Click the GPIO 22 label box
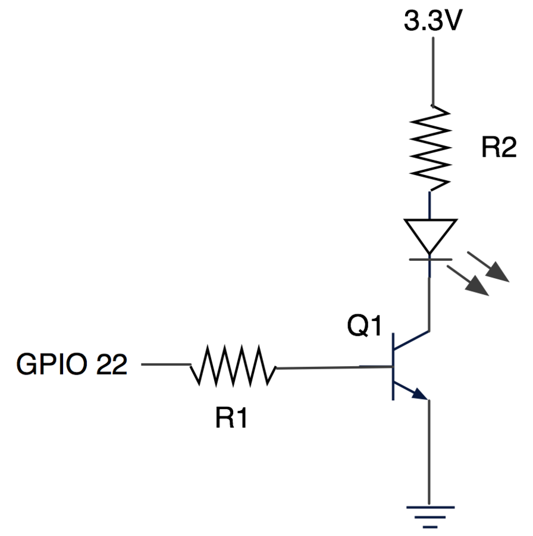[x=72, y=364]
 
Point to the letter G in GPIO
[x=26, y=364]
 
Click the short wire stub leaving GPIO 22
[x=167, y=364]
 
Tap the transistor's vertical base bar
[x=393, y=367]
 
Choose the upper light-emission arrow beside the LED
[x=490, y=269]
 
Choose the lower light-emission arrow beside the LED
[x=470, y=282]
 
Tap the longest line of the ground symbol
[x=430, y=507]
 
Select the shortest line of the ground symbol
[x=430, y=527]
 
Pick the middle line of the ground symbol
[x=430, y=518]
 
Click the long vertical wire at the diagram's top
[x=432, y=71]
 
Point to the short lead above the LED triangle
[x=429, y=205]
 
